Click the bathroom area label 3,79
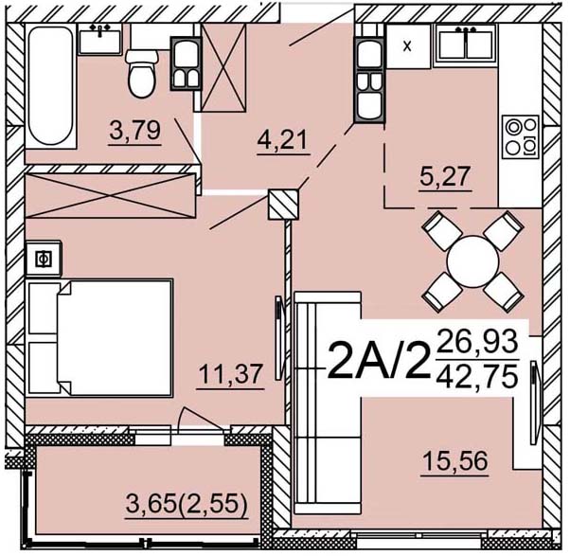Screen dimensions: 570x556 point(134,131)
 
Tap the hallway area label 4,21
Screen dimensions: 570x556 point(283,140)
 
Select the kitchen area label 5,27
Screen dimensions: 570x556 point(445,176)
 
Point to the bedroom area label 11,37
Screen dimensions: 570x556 point(230,374)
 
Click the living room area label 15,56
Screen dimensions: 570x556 point(455,461)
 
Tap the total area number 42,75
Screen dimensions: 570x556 point(477,376)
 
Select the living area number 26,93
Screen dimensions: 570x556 point(477,341)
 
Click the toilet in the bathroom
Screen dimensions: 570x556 point(142,74)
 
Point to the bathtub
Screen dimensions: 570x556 point(50,86)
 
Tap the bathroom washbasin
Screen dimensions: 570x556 point(100,40)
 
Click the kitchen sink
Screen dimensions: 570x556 point(466,45)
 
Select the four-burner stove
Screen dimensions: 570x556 point(520,136)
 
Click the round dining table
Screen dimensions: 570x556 point(472,261)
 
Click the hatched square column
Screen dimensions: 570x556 point(283,205)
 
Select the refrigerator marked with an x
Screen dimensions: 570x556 point(408,46)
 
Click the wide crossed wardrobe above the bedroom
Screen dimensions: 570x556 point(111,196)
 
